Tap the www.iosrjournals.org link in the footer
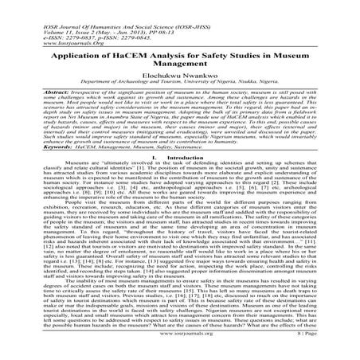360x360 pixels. (180, 350)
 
